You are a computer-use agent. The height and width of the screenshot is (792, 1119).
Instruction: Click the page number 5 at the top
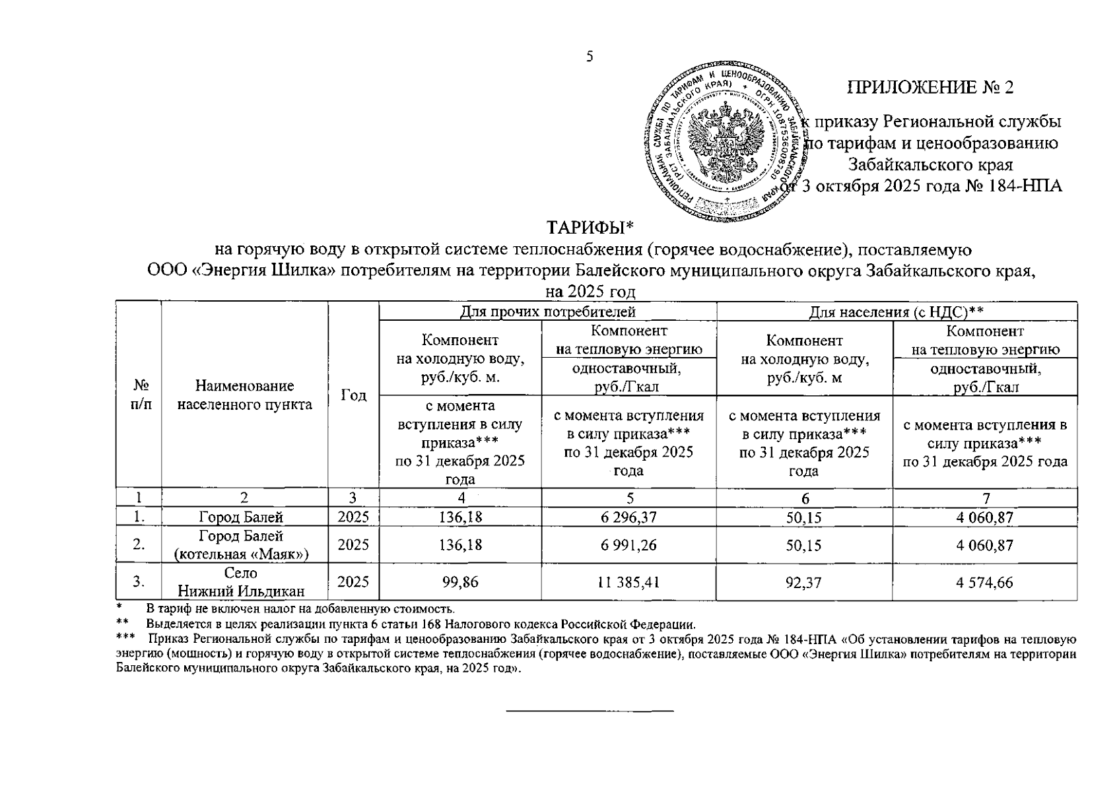[x=590, y=56]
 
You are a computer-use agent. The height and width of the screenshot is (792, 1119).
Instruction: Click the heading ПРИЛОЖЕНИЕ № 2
[x=930, y=88]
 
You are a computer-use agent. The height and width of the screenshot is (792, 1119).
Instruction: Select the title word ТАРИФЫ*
[x=590, y=228]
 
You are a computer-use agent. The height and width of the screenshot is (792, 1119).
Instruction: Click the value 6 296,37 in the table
[x=628, y=518]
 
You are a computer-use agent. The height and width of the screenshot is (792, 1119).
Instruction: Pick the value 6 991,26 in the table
[x=628, y=546]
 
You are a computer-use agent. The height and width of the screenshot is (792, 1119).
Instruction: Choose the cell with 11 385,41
[x=628, y=583]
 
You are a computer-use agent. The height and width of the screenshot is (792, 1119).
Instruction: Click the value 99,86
[x=459, y=583]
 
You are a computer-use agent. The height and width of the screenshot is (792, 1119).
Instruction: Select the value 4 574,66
[x=984, y=583]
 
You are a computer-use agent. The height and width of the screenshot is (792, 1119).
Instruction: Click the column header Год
[x=353, y=395]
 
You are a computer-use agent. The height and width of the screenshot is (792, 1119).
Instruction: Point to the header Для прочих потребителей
[x=547, y=312]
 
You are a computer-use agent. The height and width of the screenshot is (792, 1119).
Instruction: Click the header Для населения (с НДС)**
[x=897, y=312]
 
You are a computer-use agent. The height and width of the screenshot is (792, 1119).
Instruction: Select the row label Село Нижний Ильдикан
[x=244, y=583]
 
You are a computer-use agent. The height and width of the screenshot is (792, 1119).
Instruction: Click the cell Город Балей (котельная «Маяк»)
[x=244, y=545]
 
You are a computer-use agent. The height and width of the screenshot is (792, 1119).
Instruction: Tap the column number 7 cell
[x=984, y=498]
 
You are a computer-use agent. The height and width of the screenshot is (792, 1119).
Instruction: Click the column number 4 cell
[x=459, y=498]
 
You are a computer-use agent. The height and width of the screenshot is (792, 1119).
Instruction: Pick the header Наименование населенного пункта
[x=244, y=395]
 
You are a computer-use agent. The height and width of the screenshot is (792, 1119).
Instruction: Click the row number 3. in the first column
[x=138, y=583]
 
